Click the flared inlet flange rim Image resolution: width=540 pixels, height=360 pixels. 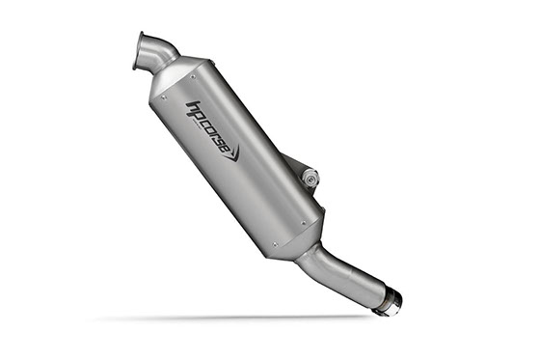click(x=138, y=51)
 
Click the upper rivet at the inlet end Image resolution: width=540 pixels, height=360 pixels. click(x=193, y=76)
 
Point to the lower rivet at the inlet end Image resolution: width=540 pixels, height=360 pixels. click(x=164, y=97)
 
